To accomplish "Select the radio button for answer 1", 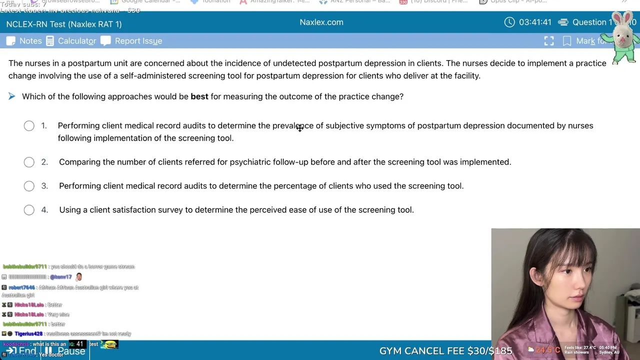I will point(29,126).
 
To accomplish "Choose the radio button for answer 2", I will point(29,162).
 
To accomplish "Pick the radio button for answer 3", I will point(29,186).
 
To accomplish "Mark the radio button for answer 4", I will point(29,210).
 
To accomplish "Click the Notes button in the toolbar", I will point(24,41).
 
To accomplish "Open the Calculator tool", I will point(71,41).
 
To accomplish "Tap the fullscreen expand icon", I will point(549,41).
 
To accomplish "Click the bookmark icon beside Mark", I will point(567,41).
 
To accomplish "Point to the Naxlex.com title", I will point(321,22).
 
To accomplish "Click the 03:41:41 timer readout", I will point(535,22).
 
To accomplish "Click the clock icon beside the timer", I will point(509,22).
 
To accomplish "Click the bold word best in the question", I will point(199,96).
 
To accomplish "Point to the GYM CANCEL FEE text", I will point(445,351).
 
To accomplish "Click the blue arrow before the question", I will point(12,96).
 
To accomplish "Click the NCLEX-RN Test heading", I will point(64,24).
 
